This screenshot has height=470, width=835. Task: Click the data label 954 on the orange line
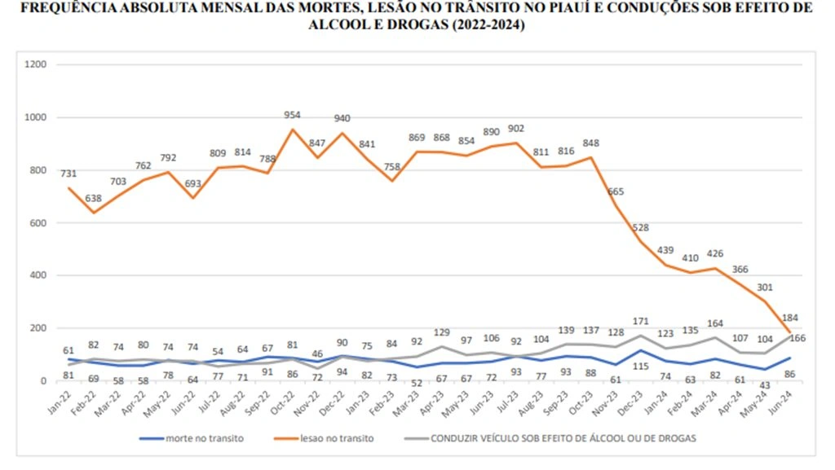click(292, 116)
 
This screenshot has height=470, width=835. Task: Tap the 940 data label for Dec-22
click(342, 118)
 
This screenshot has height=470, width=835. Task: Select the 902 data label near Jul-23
click(516, 129)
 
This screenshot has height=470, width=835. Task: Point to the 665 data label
click(615, 191)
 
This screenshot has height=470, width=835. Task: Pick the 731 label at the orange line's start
click(68, 174)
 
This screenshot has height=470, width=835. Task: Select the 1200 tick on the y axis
click(36, 64)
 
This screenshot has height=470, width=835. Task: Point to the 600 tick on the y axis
click(38, 222)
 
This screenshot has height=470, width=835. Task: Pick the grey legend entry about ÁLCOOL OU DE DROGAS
click(562, 439)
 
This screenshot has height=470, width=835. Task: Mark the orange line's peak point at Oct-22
click(292, 130)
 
